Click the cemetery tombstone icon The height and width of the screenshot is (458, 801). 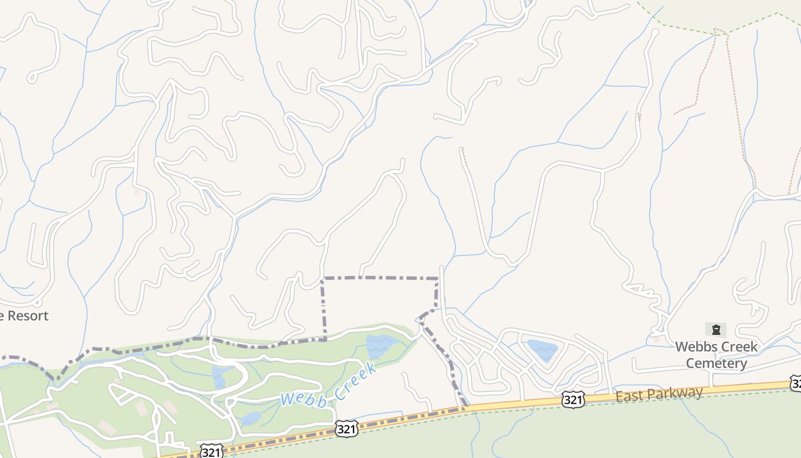716,330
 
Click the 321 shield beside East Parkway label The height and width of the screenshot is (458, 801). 573,399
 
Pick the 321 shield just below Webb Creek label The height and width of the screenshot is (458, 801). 347,428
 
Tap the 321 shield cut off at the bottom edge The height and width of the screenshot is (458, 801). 211,452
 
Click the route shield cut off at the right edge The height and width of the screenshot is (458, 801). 796,384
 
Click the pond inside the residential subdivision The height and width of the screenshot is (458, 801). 542,349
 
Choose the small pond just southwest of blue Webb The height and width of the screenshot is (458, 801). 250,419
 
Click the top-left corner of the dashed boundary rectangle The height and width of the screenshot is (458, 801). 323,278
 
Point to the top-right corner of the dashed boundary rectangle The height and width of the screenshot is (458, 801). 437,279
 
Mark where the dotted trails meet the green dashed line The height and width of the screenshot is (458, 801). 721,31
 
